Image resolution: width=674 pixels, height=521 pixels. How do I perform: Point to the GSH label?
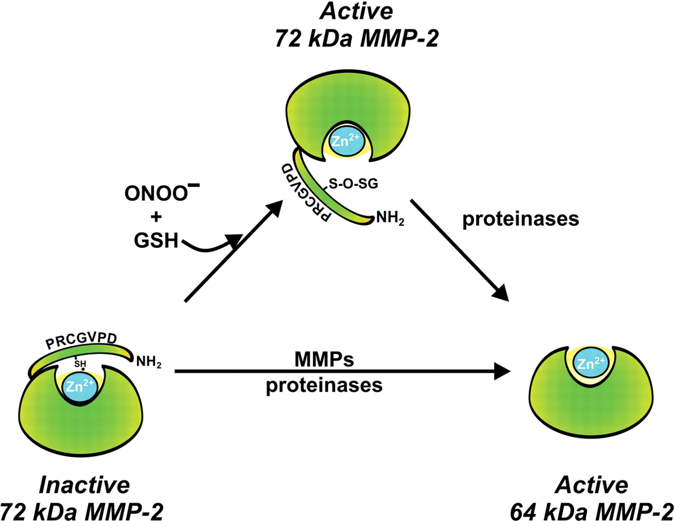156,241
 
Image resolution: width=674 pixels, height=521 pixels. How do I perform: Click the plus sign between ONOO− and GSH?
156,217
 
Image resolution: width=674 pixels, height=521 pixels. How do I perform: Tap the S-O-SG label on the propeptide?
353,184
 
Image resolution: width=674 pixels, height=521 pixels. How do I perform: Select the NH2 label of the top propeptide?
390,218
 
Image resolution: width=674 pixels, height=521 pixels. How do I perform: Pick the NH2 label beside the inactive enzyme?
149,362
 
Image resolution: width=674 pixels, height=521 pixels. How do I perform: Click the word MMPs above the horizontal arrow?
324,359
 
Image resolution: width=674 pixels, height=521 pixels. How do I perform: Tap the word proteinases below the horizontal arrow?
324,385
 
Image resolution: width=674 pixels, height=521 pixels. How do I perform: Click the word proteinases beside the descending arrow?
520,219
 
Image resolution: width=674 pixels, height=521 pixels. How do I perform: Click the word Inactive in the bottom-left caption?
84,485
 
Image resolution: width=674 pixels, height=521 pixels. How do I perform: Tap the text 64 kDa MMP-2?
591,510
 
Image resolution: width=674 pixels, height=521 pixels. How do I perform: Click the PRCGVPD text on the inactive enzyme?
81,339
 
